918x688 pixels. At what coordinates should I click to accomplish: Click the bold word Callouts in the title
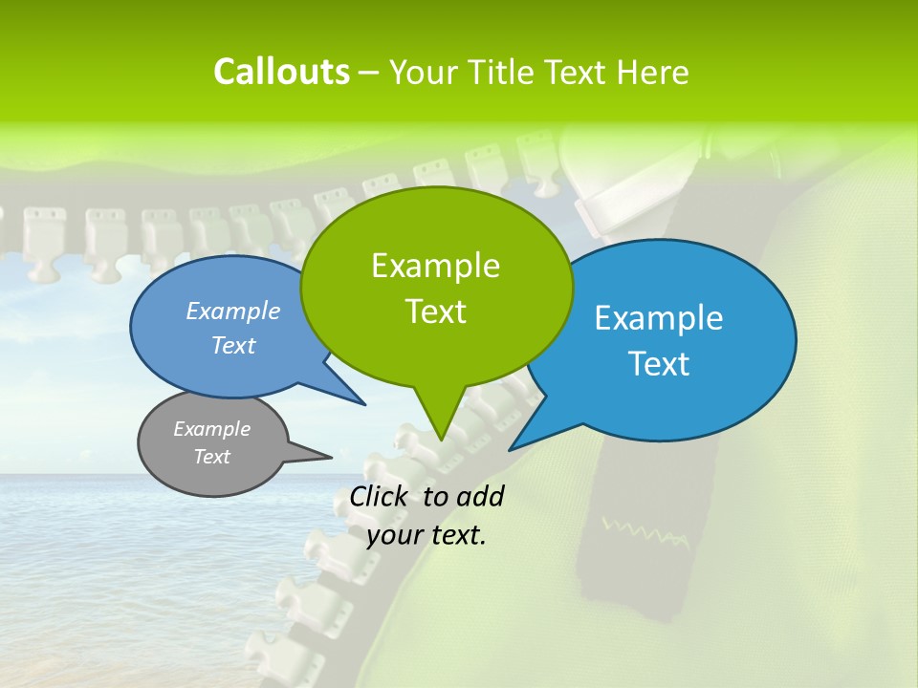pyautogui.click(x=281, y=72)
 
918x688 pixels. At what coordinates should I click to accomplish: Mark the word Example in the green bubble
pyautogui.click(x=436, y=266)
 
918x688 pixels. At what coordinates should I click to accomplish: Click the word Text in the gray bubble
pyautogui.click(x=212, y=457)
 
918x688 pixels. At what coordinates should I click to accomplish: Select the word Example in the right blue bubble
pyautogui.click(x=659, y=318)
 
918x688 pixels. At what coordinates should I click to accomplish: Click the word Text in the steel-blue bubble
pyautogui.click(x=233, y=346)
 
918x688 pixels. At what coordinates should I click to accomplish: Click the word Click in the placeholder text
pyautogui.click(x=381, y=496)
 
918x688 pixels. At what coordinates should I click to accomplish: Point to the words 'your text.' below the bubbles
pyautogui.click(x=426, y=536)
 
